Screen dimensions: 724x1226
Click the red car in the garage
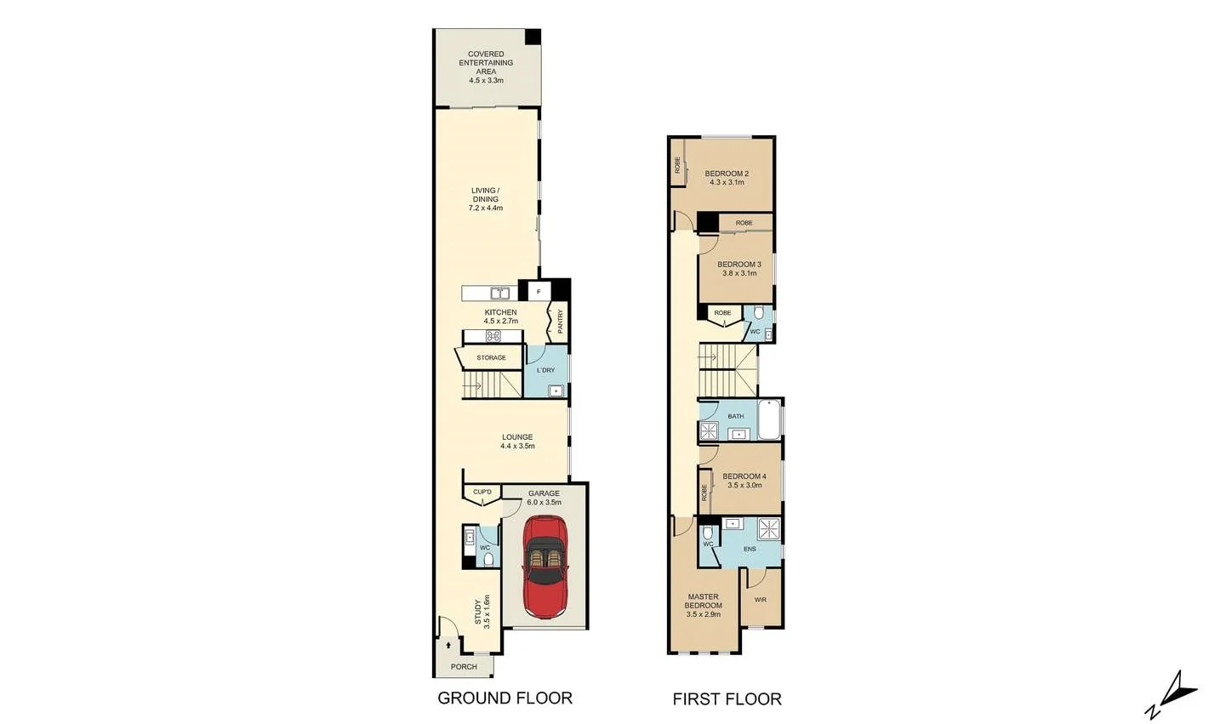[x=544, y=567]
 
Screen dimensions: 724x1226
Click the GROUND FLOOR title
[x=505, y=698]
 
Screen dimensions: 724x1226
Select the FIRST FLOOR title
[x=727, y=699]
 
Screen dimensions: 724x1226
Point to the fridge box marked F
[x=538, y=292]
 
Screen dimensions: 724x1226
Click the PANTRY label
[x=560, y=322]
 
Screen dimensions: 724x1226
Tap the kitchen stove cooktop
[x=493, y=336]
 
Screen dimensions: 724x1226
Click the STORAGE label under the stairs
[x=491, y=358]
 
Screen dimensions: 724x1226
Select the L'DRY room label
[x=545, y=370]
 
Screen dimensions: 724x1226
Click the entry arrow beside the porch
[x=448, y=646]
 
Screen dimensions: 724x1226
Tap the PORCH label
[x=464, y=667]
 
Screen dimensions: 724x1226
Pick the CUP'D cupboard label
[x=482, y=493]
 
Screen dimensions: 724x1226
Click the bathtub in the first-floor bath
[x=769, y=420]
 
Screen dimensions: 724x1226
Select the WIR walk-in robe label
[x=760, y=600]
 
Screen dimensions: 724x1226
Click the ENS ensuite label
[x=750, y=549]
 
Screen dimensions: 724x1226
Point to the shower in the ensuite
[x=769, y=528]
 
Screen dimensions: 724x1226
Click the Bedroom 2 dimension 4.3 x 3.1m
[x=727, y=183]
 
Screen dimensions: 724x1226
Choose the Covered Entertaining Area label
[x=486, y=63]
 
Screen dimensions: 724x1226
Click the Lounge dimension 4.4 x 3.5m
[x=517, y=446]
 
